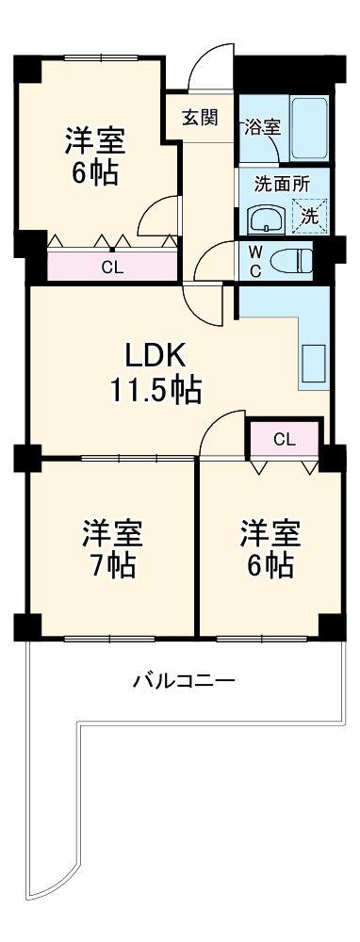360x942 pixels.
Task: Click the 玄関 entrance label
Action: (x=201, y=118)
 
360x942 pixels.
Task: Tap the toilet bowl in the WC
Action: (x=290, y=260)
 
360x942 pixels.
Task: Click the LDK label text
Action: (x=155, y=355)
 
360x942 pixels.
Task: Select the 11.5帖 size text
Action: (x=156, y=390)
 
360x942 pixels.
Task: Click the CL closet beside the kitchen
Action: (x=285, y=438)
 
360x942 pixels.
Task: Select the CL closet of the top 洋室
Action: (x=112, y=267)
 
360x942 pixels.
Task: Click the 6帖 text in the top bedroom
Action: (x=95, y=174)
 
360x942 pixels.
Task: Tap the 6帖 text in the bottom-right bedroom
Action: (x=270, y=565)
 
